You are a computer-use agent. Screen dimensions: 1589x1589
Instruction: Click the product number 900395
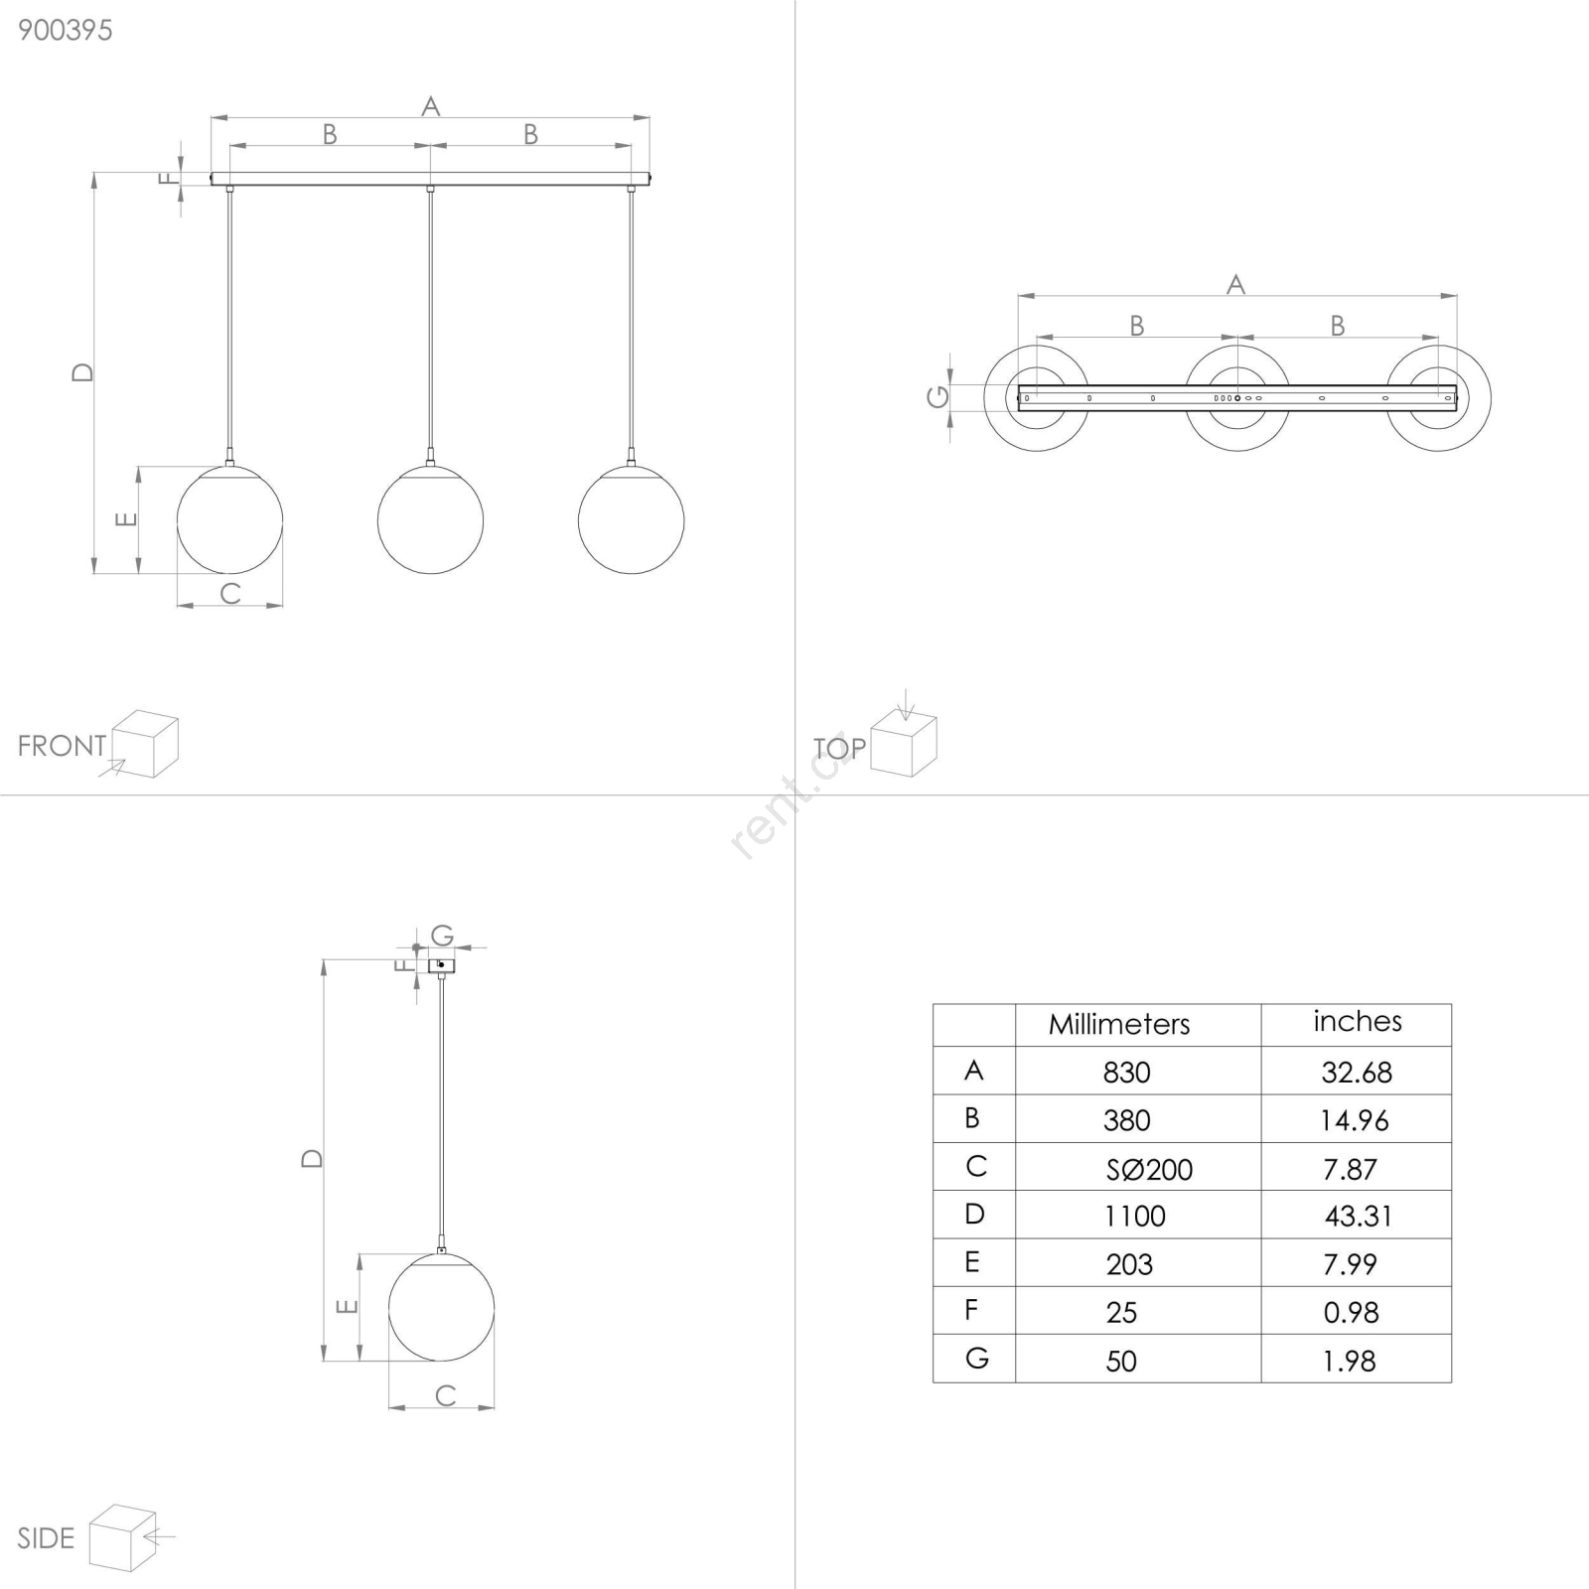pyautogui.click(x=66, y=30)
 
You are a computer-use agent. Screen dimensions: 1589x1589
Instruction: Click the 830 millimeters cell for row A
pyautogui.click(x=1126, y=1073)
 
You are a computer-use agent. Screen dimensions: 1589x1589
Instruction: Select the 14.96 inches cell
pyautogui.click(x=1355, y=1120)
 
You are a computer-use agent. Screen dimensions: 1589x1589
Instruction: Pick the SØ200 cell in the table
pyautogui.click(x=1149, y=1169)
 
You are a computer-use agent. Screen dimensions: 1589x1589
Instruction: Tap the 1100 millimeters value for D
pyautogui.click(x=1135, y=1216)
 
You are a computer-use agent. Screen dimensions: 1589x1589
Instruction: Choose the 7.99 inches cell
pyautogui.click(x=1350, y=1264)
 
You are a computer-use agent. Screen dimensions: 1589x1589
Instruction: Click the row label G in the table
pyautogui.click(x=976, y=1358)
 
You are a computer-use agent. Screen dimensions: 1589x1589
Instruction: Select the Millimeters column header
pyautogui.click(x=1119, y=1024)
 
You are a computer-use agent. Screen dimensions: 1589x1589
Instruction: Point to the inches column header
pyautogui.click(x=1358, y=1021)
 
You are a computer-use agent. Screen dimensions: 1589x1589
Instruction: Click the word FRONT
pyautogui.click(x=62, y=746)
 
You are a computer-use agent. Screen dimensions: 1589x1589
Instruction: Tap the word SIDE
pyautogui.click(x=46, y=1538)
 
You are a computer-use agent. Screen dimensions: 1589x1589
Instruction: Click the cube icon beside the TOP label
pyautogui.click(x=904, y=743)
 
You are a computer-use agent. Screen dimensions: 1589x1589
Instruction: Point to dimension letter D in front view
pyautogui.click(x=82, y=372)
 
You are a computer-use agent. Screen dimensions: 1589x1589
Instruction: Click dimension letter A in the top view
pyautogui.click(x=1235, y=285)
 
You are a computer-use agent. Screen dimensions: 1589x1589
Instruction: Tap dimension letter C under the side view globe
pyautogui.click(x=446, y=1395)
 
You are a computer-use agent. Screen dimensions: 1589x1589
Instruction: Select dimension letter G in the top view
pyautogui.click(x=938, y=397)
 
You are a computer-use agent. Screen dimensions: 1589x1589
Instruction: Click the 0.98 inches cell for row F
pyautogui.click(x=1351, y=1313)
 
